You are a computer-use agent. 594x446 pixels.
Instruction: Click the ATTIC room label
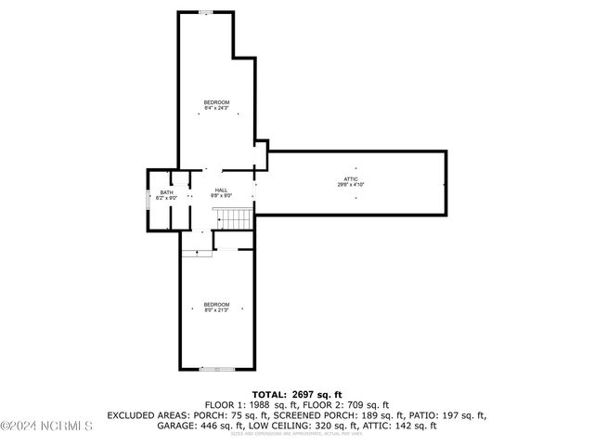pyautogui.click(x=351, y=178)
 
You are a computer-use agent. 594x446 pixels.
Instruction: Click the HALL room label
pyautogui.click(x=221, y=190)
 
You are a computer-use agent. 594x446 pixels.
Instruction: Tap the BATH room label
pyautogui.click(x=165, y=192)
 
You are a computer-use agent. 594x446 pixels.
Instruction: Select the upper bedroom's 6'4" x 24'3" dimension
pyautogui.click(x=216, y=108)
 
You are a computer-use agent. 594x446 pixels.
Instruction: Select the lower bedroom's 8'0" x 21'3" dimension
pyautogui.click(x=216, y=310)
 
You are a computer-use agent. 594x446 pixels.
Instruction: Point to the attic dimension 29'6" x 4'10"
pyautogui.click(x=351, y=184)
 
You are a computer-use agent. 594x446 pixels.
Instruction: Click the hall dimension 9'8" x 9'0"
pyautogui.click(x=221, y=195)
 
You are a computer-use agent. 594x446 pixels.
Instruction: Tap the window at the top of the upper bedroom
pyautogui.click(x=205, y=12)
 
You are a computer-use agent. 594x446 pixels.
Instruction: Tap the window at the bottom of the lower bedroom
pyautogui.click(x=217, y=370)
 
